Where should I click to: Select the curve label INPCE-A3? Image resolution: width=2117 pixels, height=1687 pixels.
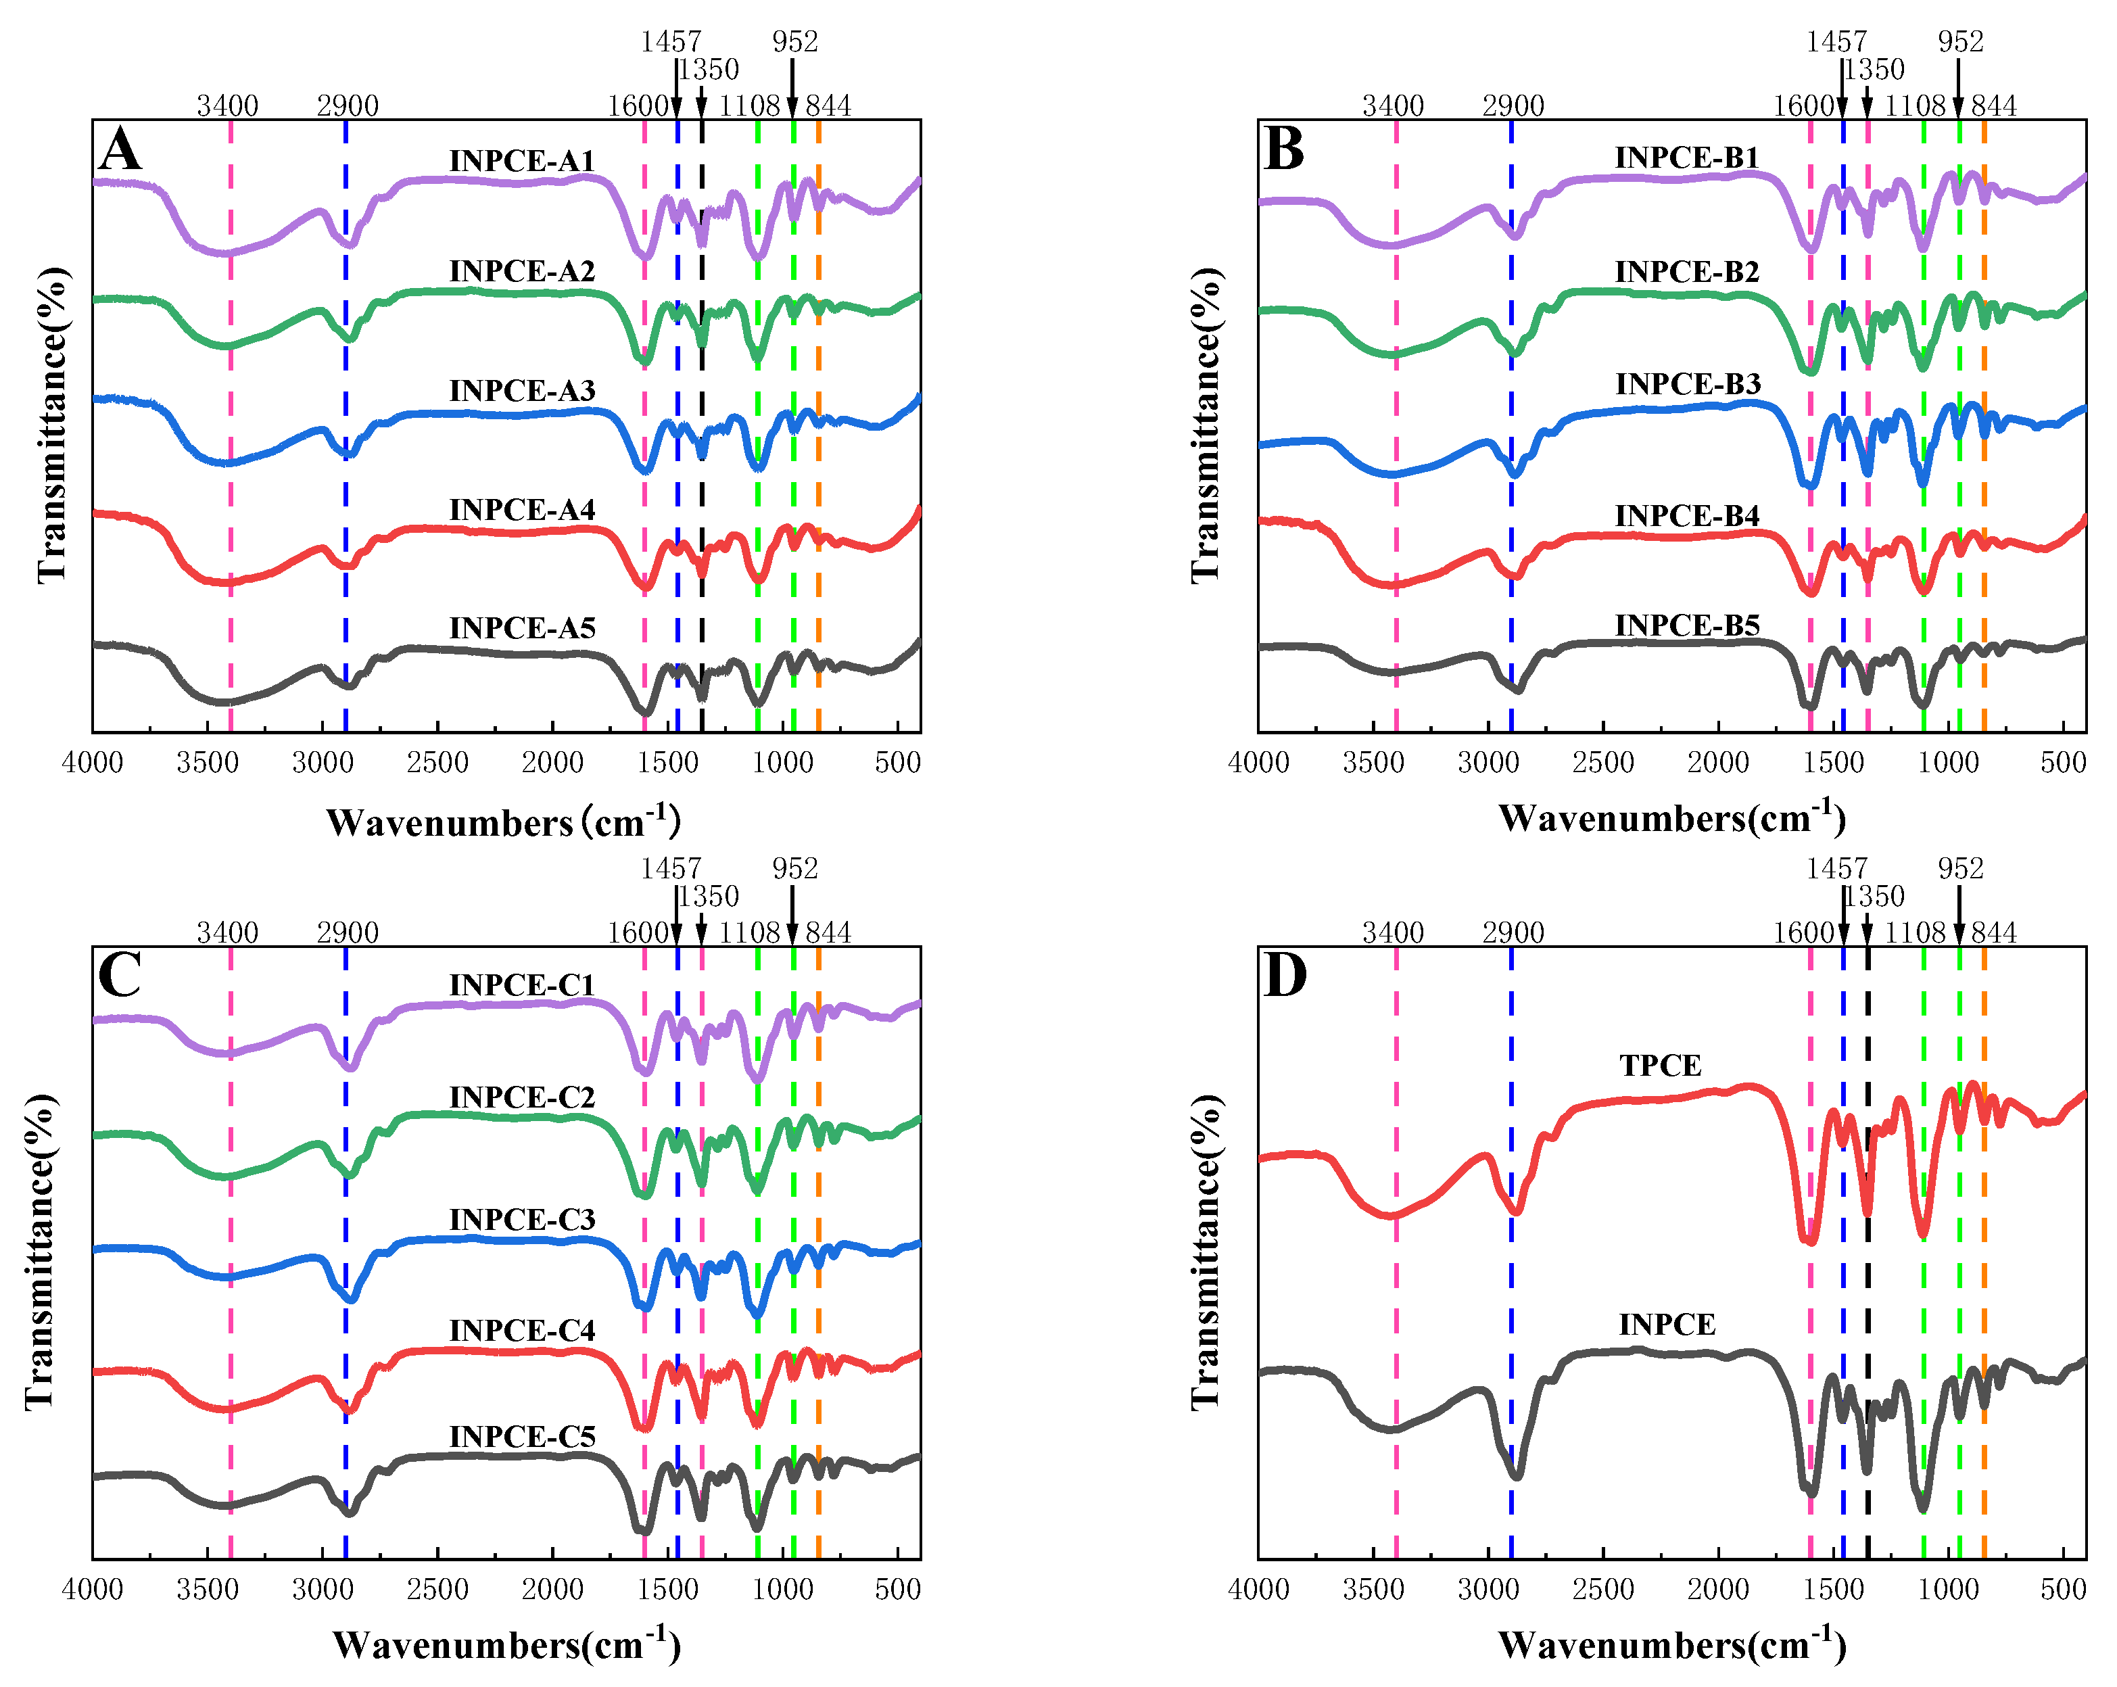click(x=523, y=391)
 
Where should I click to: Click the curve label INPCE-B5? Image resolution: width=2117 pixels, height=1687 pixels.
click(x=1687, y=625)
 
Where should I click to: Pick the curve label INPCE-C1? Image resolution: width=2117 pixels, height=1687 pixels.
click(x=523, y=985)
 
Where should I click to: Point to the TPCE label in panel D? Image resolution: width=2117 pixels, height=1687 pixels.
click(x=1661, y=1066)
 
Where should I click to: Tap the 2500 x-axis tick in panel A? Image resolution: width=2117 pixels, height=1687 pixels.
click(x=438, y=763)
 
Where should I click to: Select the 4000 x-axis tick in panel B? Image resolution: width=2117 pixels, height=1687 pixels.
click(x=1259, y=763)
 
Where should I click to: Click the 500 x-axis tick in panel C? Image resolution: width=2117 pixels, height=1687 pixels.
click(x=897, y=1589)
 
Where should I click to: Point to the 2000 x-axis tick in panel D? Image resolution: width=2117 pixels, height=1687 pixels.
click(x=1718, y=1589)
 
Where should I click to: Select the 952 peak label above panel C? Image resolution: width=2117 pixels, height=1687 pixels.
click(x=794, y=868)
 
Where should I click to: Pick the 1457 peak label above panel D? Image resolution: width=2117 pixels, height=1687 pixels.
click(x=1836, y=868)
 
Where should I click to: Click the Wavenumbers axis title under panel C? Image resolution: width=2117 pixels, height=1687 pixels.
click(x=506, y=1645)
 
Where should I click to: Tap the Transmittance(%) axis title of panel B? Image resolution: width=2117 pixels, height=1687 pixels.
click(x=1206, y=426)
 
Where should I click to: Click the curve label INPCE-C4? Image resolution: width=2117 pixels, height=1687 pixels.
click(x=523, y=1331)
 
